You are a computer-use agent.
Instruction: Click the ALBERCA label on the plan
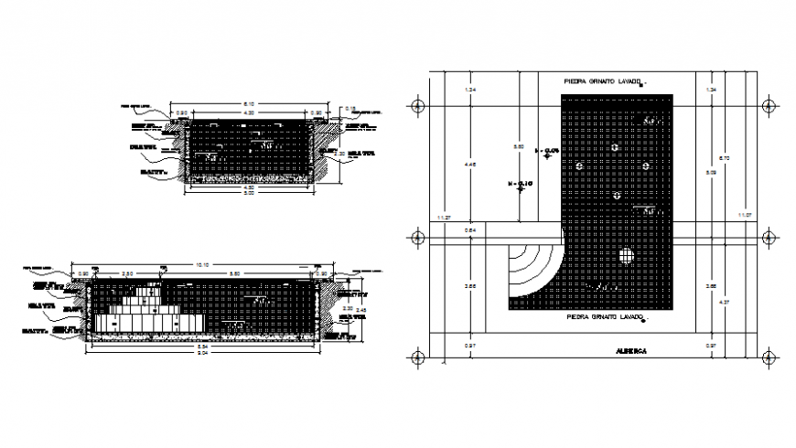point(630,351)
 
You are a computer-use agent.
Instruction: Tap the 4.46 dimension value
point(471,165)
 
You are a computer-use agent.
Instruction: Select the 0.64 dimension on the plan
point(471,229)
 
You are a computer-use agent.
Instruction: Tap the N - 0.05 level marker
point(550,150)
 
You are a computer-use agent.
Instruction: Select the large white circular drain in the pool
point(627,256)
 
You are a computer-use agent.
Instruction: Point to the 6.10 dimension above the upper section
point(249,103)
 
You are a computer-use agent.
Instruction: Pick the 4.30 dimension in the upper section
point(248,112)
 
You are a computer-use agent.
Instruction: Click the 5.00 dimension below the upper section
point(249,194)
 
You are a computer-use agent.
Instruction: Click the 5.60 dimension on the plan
point(518,146)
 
